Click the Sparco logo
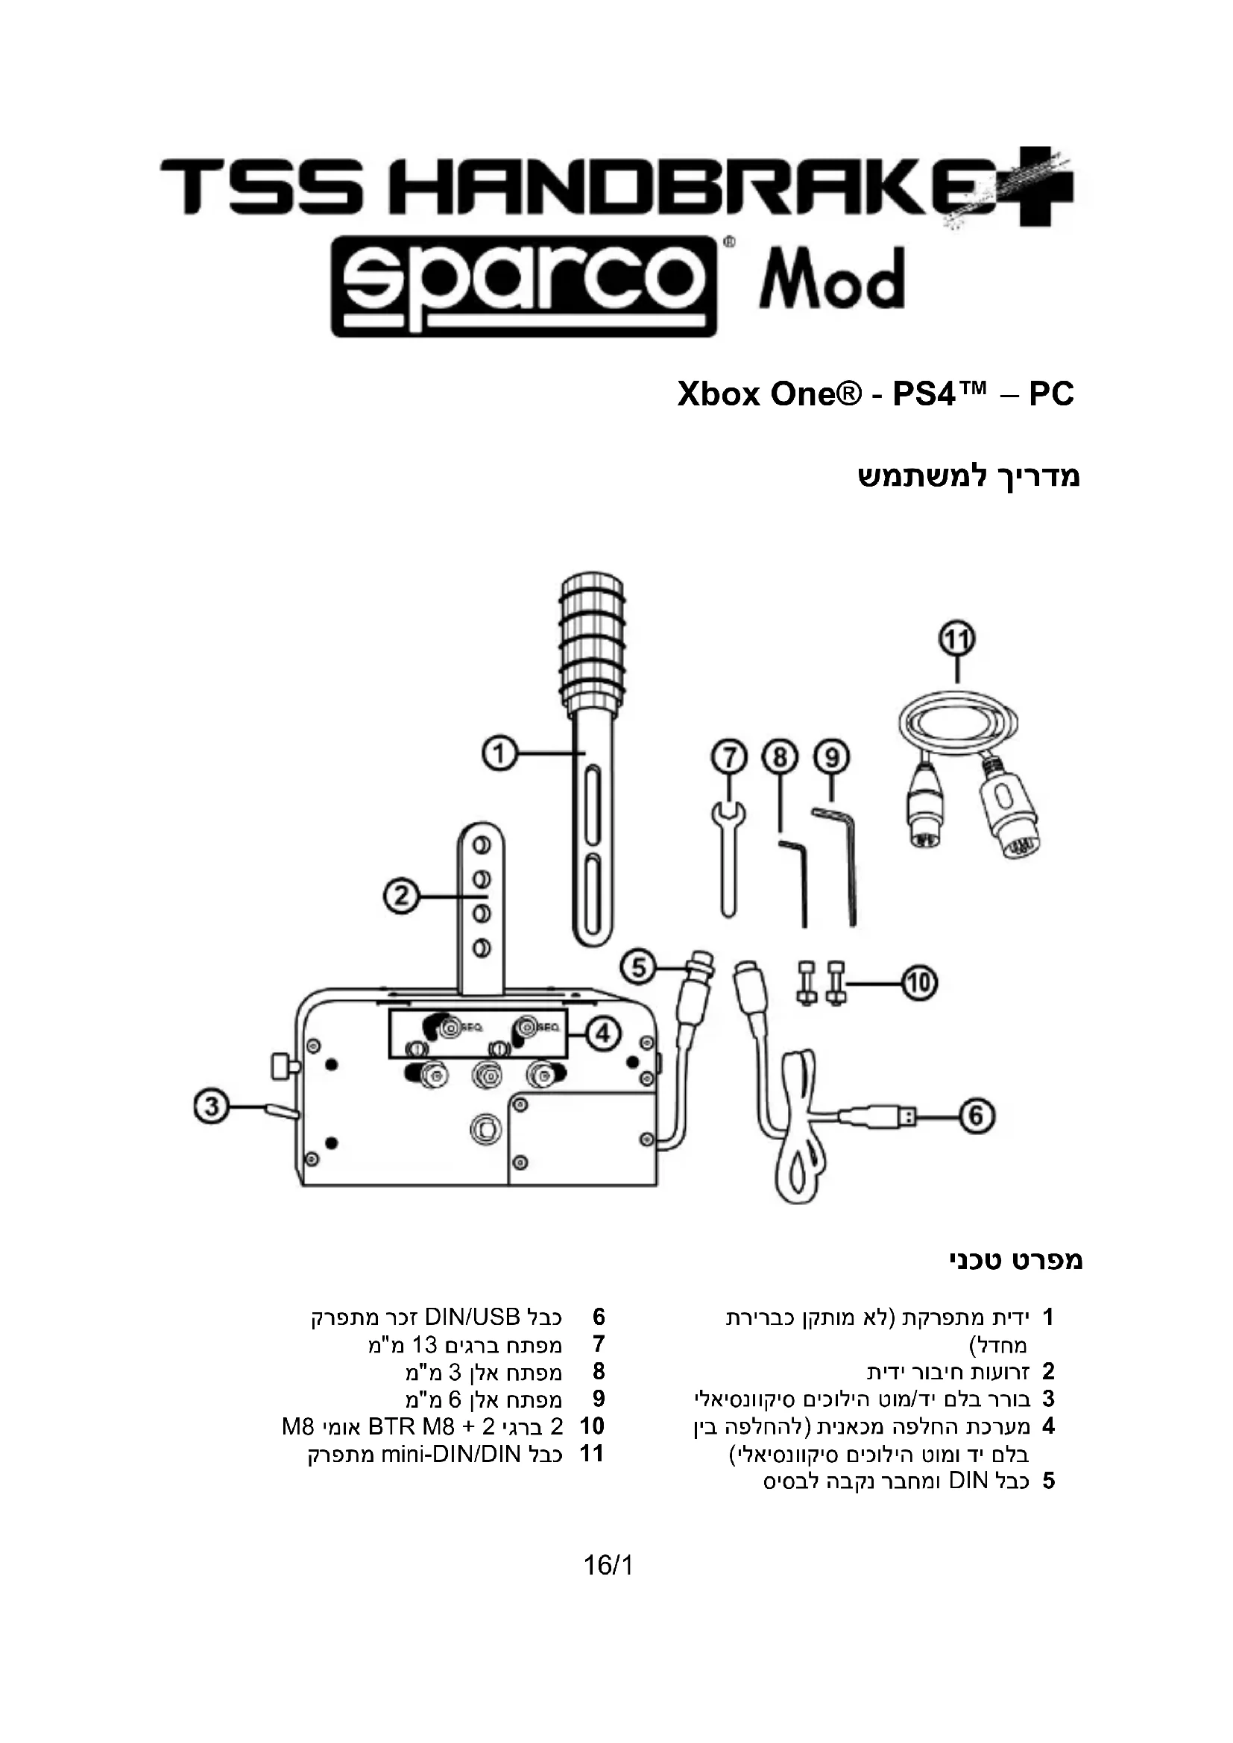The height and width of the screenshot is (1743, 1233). click(523, 285)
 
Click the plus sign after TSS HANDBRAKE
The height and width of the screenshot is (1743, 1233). click(1046, 186)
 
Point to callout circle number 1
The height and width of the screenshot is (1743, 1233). click(499, 754)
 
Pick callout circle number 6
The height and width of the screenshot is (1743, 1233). click(976, 1116)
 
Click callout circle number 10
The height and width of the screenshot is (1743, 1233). click(918, 983)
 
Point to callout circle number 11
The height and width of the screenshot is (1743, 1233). click(956, 639)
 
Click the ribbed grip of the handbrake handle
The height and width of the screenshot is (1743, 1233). click(593, 639)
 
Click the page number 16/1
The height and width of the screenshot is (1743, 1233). click(608, 1565)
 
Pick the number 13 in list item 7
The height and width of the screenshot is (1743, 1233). click(425, 1344)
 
